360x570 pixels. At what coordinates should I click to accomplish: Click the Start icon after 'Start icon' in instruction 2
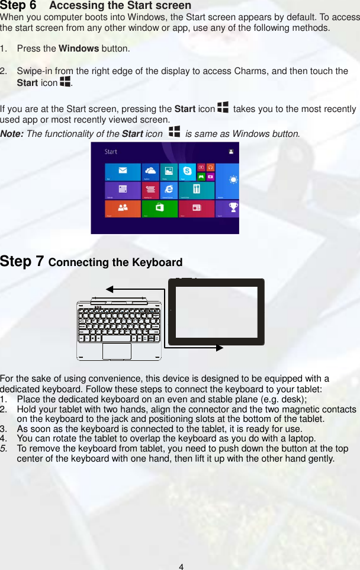pos(65,82)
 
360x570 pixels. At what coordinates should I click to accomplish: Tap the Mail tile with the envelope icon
pos(123,172)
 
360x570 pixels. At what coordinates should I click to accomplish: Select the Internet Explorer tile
pos(169,190)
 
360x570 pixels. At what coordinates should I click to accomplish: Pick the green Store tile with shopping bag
pos(159,208)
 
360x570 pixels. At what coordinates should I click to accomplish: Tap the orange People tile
pos(123,208)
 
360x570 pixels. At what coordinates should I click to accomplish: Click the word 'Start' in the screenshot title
pos(111,152)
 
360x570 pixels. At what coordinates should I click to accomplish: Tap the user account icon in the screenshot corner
pos(230,152)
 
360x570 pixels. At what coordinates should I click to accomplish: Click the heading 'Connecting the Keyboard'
pos(115,262)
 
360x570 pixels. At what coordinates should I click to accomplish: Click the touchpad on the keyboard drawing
pos(117,350)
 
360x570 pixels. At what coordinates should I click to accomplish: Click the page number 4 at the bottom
pos(181,566)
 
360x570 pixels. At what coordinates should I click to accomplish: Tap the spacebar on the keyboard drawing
pos(117,338)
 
